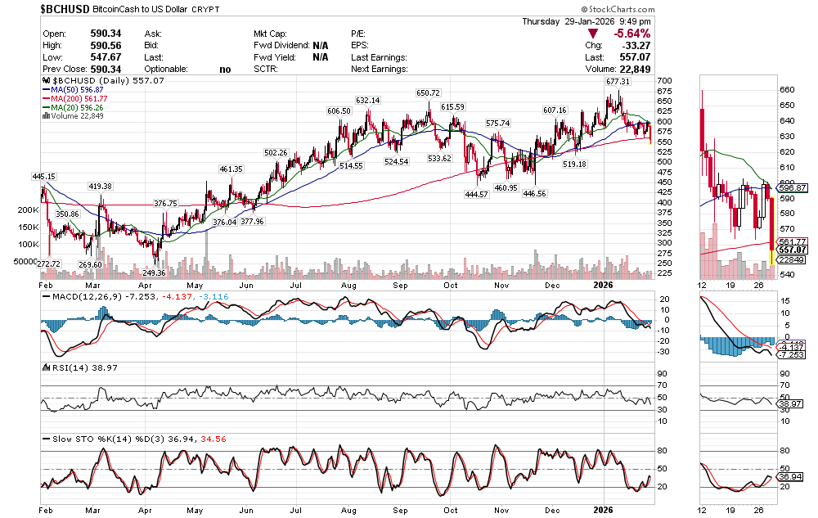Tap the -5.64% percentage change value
[632, 34]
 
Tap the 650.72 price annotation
[428, 93]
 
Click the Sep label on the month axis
[401, 285]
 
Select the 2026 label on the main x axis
[602, 285]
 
